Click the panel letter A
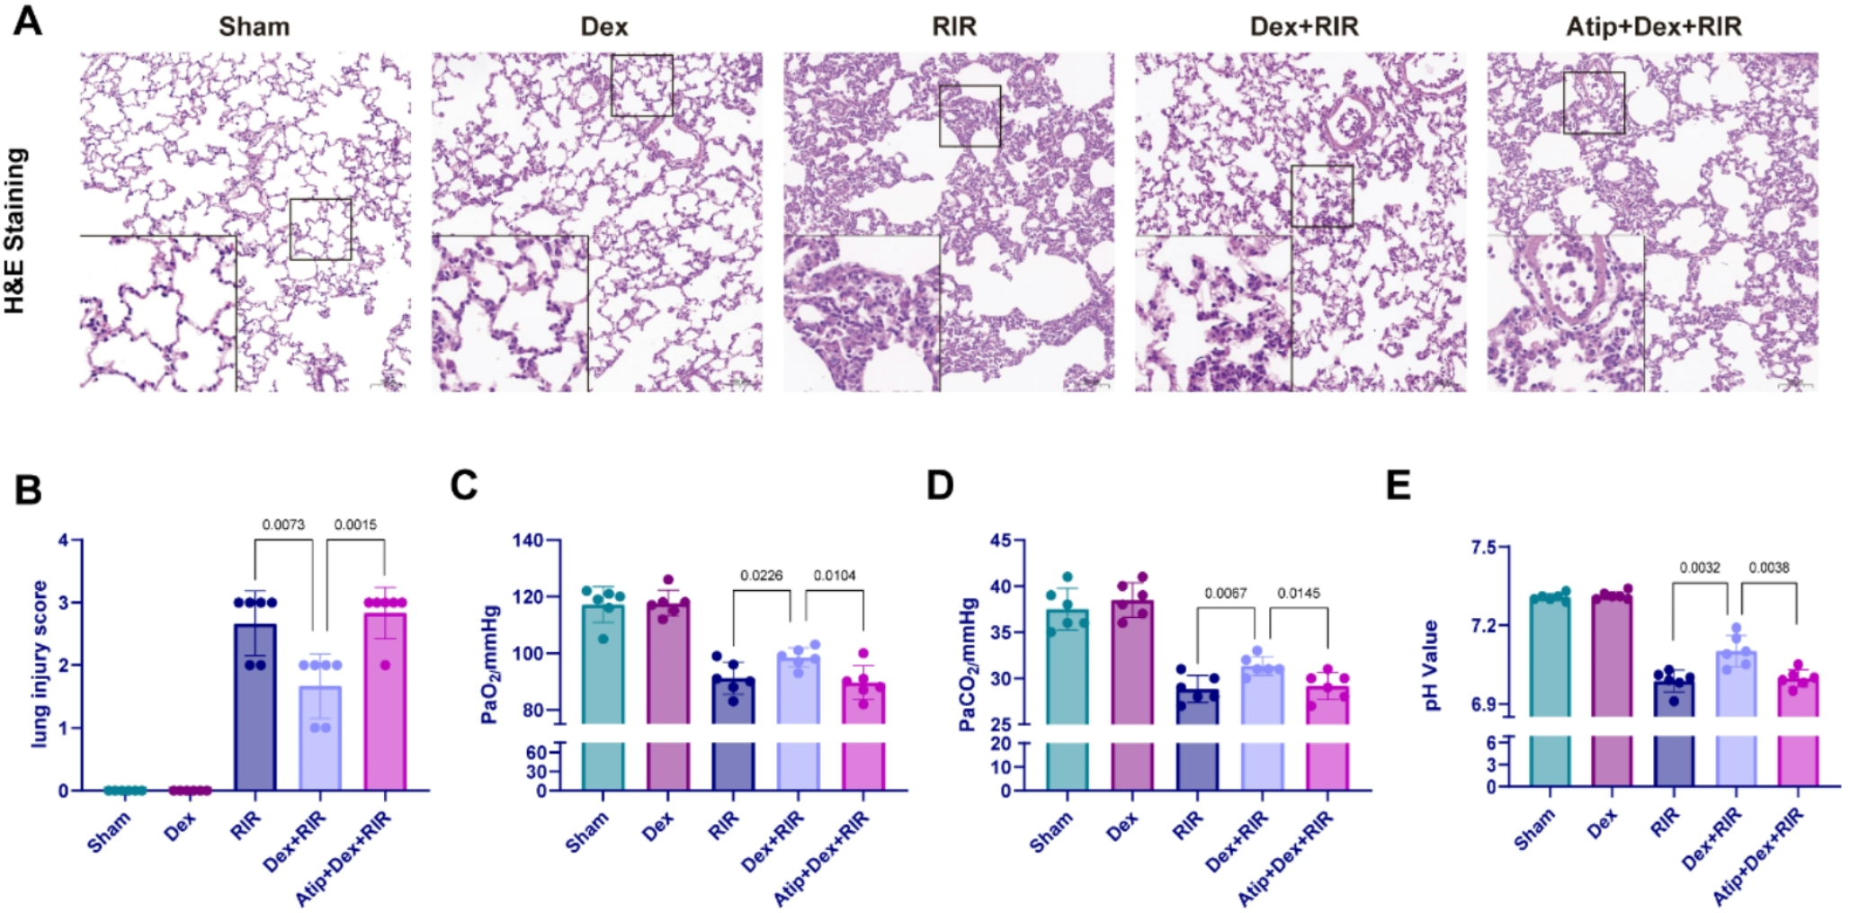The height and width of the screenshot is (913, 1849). pos(27,20)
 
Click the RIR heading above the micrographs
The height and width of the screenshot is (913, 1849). pos(953,27)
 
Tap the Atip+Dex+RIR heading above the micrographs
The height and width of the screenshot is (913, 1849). pos(1653,27)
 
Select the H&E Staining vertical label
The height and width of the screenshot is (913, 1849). pos(15,231)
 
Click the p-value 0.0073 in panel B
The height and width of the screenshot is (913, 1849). pos(283,524)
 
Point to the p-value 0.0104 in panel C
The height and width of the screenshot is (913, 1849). pos(835,576)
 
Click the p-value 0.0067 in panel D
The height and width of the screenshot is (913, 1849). pos(1226,594)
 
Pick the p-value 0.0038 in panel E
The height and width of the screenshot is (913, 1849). pos(1768,568)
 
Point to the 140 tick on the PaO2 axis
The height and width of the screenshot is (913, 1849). pos(528,541)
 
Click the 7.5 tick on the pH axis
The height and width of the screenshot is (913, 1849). pos(1483,548)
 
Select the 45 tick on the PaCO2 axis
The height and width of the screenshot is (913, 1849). pos(1000,541)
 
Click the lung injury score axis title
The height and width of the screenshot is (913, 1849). pos(39,664)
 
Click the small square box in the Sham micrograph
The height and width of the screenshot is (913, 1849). pos(320,229)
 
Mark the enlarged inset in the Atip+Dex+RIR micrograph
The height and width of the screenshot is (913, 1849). pos(1565,313)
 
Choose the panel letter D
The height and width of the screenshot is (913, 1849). pos(940,486)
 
